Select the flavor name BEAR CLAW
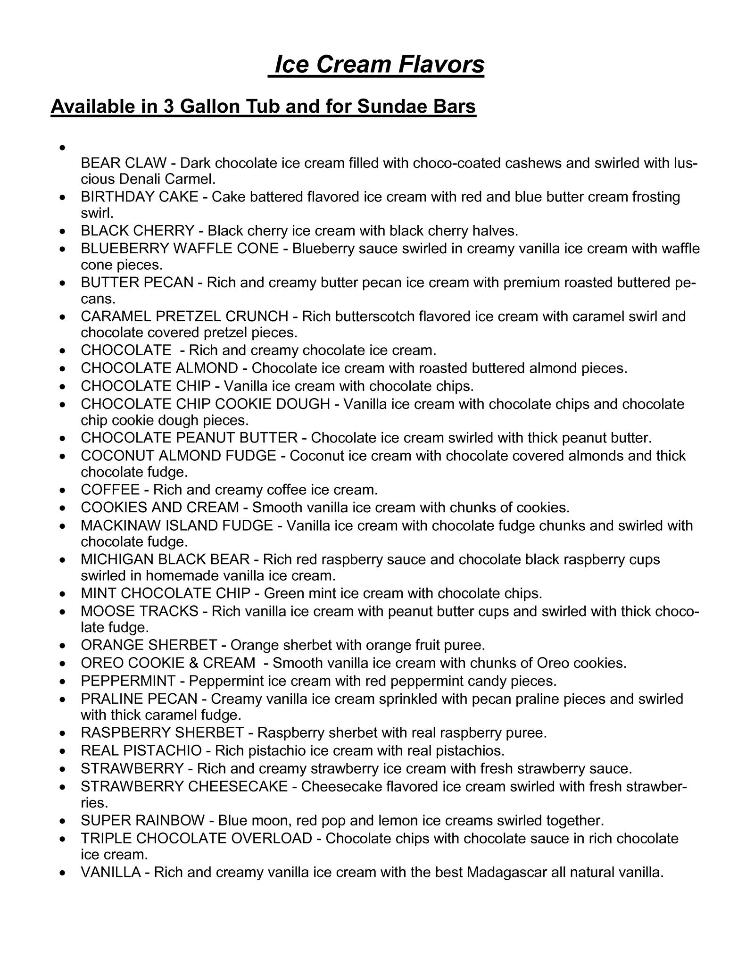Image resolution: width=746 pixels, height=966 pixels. click(124, 163)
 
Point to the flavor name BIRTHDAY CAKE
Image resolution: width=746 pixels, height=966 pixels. click(140, 197)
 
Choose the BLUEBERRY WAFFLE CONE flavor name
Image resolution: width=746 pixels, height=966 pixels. click(180, 249)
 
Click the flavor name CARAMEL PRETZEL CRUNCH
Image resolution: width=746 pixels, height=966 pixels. click(184, 316)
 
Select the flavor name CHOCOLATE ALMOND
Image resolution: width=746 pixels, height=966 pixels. click(159, 368)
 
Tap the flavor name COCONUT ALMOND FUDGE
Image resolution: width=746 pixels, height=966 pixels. click(178, 456)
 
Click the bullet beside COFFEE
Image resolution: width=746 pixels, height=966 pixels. click(63, 491)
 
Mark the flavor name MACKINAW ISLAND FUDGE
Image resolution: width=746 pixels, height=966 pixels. click(177, 525)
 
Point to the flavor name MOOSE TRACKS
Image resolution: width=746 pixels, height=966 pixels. click(140, 611)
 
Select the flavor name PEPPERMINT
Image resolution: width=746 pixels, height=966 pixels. click(128, 681)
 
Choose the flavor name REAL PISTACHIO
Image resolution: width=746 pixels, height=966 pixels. click(141, 750)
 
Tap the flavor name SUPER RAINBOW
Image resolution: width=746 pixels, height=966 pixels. click(143, 821)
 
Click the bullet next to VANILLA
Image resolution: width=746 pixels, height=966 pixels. click(63, 873)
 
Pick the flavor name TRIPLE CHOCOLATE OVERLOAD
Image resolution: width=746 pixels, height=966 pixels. click(197, 839)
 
